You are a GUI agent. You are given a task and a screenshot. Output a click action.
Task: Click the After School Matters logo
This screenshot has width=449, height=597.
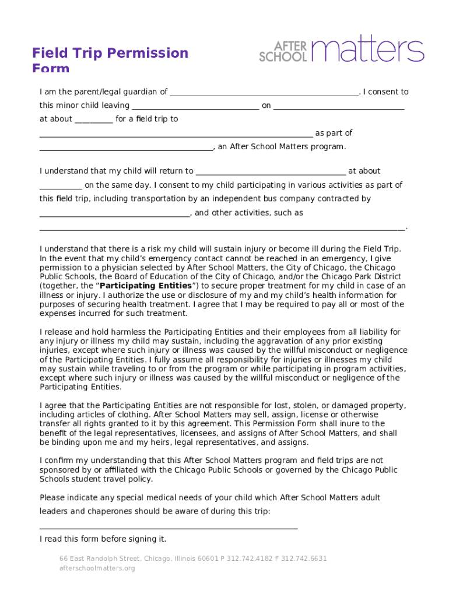tap(342, 51)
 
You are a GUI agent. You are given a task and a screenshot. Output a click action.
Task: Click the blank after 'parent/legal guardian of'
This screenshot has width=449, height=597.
tap(264, 92)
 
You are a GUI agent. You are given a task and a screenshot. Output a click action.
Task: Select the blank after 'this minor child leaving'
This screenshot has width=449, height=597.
tap(195, 106)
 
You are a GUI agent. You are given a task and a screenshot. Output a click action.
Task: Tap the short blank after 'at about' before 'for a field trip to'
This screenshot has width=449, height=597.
tap(94, 120)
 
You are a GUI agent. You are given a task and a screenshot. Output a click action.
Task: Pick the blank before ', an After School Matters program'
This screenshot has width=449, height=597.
tap(126, 148)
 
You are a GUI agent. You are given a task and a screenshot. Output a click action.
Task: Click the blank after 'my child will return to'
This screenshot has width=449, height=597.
tap(271, 171)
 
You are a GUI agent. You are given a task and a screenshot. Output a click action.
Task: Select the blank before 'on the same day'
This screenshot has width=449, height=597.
tap(61, 186)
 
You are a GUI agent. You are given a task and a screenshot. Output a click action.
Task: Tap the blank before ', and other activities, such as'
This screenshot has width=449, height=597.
tap(114, 213)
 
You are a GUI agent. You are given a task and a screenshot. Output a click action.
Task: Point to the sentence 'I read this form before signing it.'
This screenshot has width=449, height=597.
tap(103, 539)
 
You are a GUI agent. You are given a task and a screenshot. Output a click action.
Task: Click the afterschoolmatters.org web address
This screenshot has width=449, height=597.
tap(97, 568)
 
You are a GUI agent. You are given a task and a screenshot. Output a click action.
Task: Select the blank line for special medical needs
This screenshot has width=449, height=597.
tap(169, 526)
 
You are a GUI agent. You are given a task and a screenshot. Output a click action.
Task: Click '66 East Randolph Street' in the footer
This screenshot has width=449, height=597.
tap(100, 559)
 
